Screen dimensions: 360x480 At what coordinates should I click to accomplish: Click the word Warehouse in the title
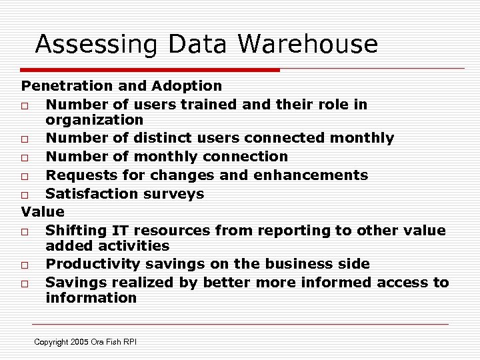click(307, 44)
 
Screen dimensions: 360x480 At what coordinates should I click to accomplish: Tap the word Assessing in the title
click(96, 45)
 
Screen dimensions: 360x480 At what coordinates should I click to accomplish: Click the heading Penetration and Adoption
click(121, 86)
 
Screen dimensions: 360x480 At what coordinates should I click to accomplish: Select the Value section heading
click(43, 212)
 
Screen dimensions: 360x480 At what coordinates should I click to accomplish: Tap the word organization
click(94, 120)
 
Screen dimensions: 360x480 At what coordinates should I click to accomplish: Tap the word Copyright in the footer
click(52, 342)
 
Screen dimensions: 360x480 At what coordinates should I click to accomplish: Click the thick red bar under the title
click(150, 69)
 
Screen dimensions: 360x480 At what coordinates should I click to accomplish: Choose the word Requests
click(77, 175)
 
